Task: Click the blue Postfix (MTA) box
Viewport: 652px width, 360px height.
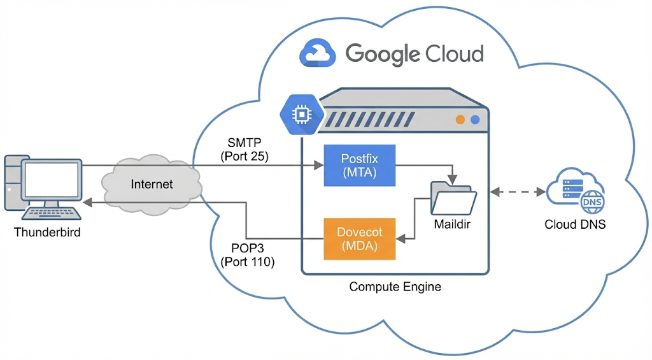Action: pos(360,166)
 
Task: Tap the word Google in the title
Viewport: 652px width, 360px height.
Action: pos(385,54)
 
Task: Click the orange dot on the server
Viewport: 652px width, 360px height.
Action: pos(460,119)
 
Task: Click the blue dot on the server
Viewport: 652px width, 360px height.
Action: pos(474,119)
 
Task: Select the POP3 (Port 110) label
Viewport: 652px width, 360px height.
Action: pos(247,254)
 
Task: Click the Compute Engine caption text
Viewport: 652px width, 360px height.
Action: pos(395,287)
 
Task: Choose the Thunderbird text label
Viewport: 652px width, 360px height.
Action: pos(47,233)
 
